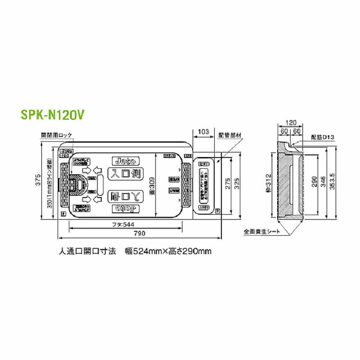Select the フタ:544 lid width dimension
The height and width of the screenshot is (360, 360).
pos(126,224)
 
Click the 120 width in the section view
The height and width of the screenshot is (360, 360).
pos(291,123)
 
